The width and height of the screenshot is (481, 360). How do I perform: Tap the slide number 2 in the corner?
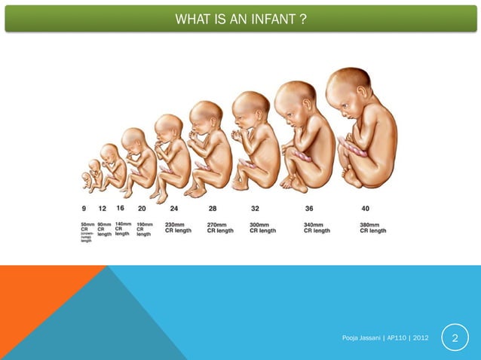pyautogui.click(x=455, y=343)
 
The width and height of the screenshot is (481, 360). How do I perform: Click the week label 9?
pyautogui.click(x=84, y=209)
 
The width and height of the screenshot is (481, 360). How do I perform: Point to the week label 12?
pyautogui.click(x=102, y=209)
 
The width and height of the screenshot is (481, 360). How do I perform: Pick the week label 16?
pyautogui.click(x=121, y=208)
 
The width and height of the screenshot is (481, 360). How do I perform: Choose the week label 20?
pyautogui.click(x=142, y=209)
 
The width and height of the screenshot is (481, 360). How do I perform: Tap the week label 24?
pyautogui.click(x=173, y=209)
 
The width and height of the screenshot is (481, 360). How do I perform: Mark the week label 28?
pyautogui.click(x=213, y=209)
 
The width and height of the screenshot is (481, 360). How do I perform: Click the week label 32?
pyautogui.click(x=256, y=209)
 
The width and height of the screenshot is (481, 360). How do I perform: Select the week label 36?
pyautogui.click(x=309, y=209)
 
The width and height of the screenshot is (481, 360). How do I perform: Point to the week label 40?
pyautogui.click(x=366, y=209)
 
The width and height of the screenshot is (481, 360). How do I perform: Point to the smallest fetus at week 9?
pyautogui.click(x=87, y=179)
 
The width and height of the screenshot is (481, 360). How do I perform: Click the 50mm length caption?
pyautogui.click(x=87, y=224)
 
